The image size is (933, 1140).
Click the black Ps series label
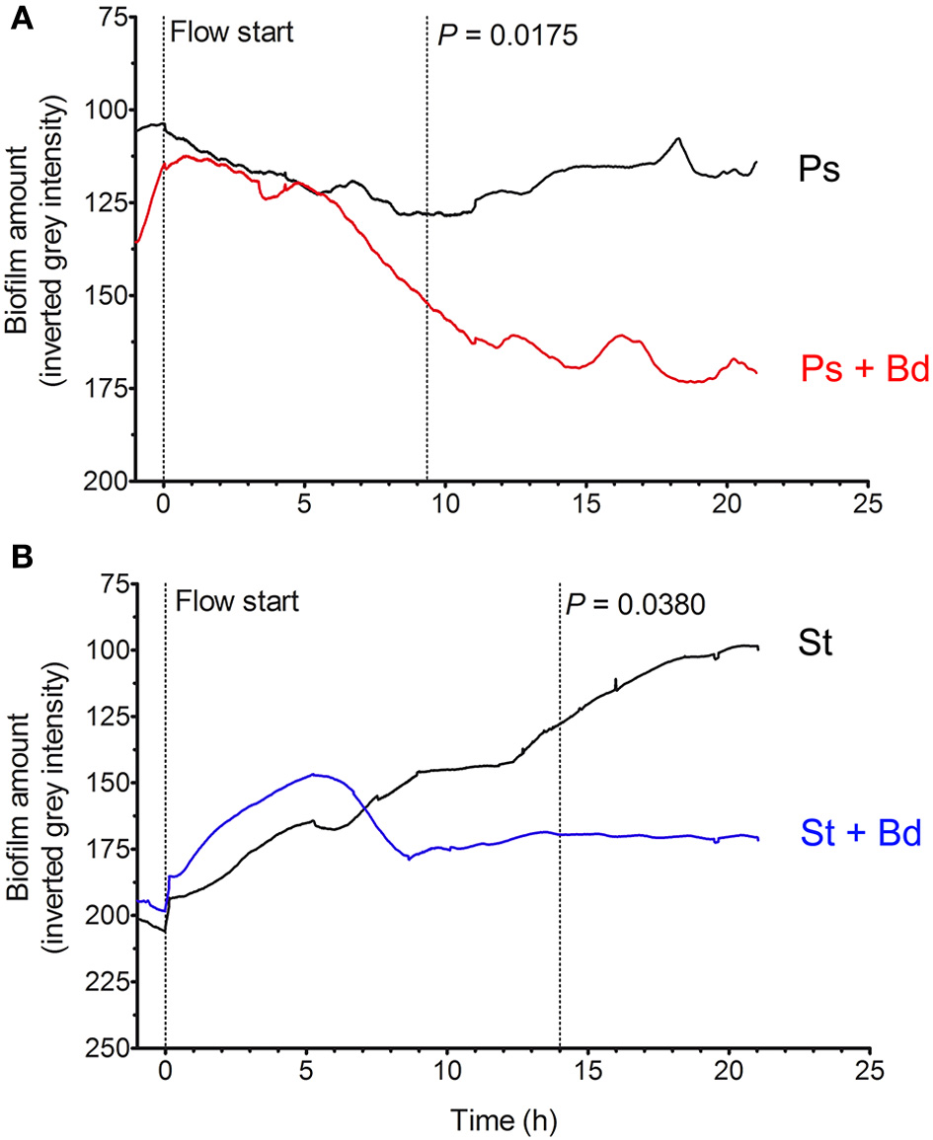pyautogui.click(x=818, y=169)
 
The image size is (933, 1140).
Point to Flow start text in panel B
pyautogui.click(x=236, y=600)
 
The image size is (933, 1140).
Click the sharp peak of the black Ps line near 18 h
pyautogui.click(x=678, y=138)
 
